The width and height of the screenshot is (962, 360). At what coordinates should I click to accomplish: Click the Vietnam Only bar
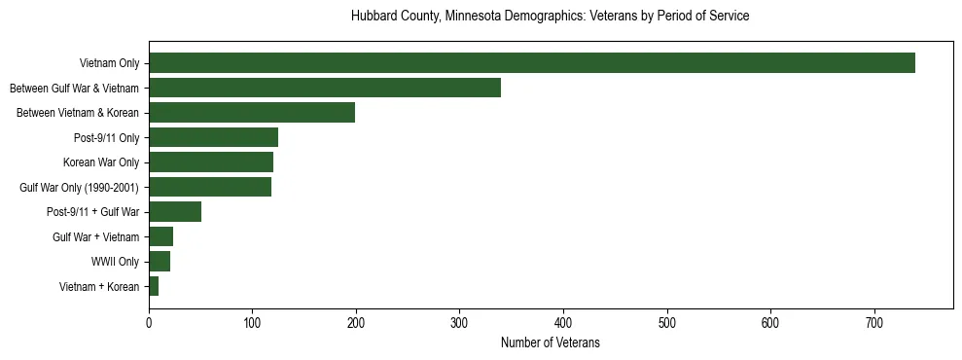pyautogui.click(x=531, y=63)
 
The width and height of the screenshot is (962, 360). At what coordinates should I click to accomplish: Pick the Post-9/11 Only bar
pyautogui.click(x=213, y=137)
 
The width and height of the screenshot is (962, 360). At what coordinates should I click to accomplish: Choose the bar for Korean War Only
pyautogui.click(x=211, y=162)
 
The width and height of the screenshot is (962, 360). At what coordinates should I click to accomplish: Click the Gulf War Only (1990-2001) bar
pyautogui.click(x=210, y=187)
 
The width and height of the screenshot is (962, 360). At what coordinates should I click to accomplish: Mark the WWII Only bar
pyautogui.click(x=160, y=261)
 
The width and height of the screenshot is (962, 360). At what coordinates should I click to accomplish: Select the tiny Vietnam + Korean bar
pyautogui.click(x=154, y=286)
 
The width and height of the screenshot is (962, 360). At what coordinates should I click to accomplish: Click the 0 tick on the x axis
pyautogui.click(x=149, y=322)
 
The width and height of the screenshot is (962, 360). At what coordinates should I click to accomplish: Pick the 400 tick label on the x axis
pyautogui.click(x=563, y=322)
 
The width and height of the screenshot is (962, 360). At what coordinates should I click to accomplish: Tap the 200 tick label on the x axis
pyautogui.click(x=356, y=322)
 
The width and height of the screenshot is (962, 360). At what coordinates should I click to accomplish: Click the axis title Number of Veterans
pyautogui.click(x=550, y=343)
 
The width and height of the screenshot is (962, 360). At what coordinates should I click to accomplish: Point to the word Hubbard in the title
pyautogui.click(x=372, y=17)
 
